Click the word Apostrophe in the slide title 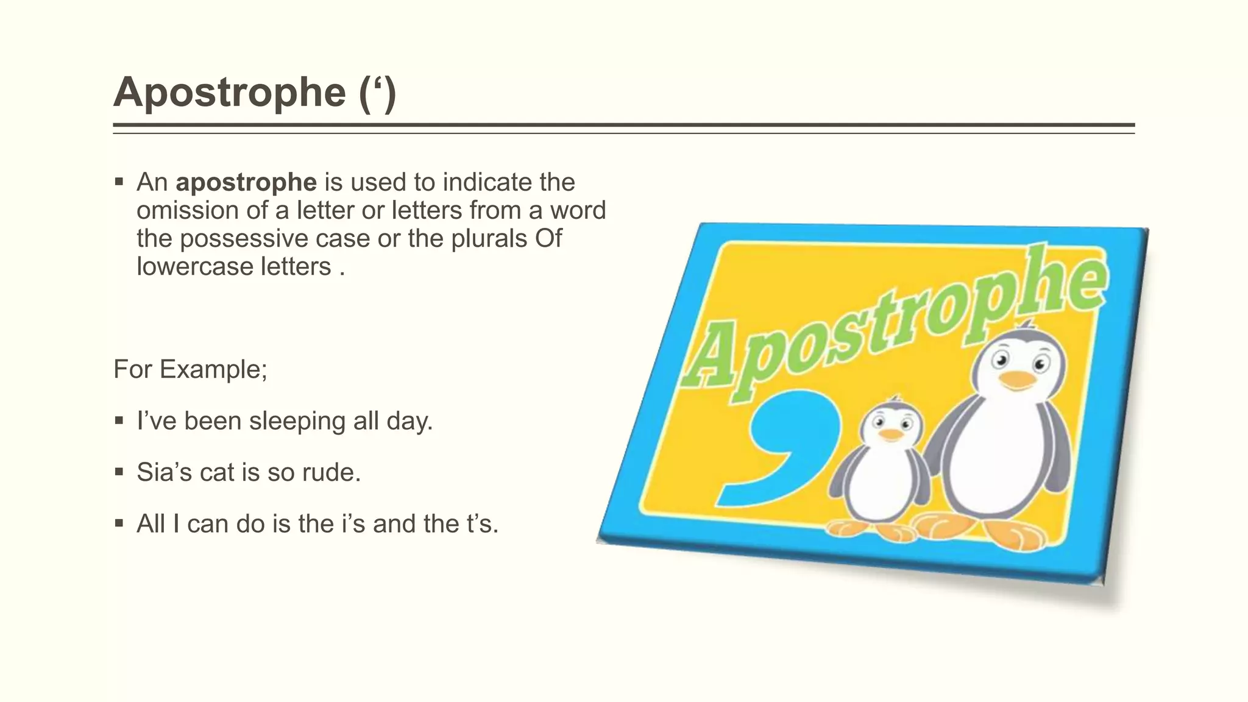tap(230, 93)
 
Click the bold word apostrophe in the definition tap(246, 182)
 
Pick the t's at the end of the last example tap(481, 523)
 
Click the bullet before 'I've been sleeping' tap(119, 420)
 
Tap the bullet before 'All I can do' tap(119, 523)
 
